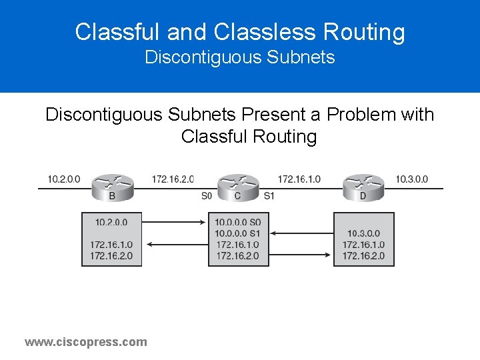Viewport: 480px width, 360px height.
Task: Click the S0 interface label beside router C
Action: point(207,196)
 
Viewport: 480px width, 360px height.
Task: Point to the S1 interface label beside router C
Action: point(269,196)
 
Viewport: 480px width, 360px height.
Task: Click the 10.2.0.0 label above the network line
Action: point(64,179)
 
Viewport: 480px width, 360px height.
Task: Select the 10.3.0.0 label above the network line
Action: point(411,179)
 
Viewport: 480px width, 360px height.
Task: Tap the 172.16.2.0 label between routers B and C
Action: point(173,179)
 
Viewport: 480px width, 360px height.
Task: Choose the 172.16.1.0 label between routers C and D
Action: point(299,179)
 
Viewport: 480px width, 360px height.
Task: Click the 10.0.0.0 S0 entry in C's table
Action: point(239,223)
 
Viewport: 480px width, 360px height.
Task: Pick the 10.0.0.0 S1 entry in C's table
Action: point(239,233)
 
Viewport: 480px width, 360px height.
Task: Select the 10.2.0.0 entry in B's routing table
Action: point(111,223)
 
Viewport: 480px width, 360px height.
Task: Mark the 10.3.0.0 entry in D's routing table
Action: point(363,233)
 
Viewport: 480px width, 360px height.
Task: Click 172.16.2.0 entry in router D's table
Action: point(363,256)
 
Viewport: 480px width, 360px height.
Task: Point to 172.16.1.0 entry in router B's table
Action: point(111,245)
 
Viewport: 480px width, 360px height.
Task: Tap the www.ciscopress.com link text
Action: point(86,342)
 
